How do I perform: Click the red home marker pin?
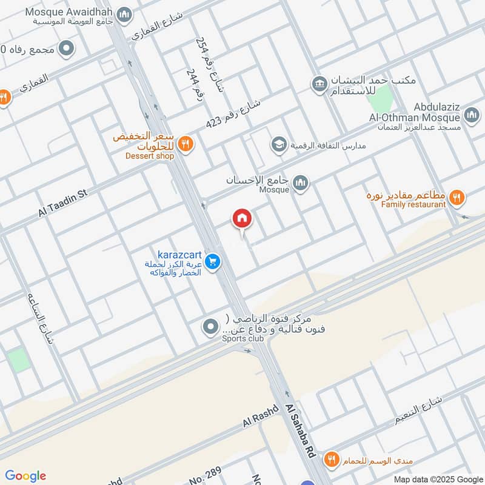[x=242, y=219]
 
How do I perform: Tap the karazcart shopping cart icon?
[x=212, y=262]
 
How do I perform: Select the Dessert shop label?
[x=150, y=156]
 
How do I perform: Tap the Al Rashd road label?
[x=260, y=415]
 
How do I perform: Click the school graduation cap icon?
[x=279, y=144]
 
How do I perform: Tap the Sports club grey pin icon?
[x=210, y=327]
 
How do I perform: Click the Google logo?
[x=26, y=475]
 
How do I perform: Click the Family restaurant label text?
[x=413, y=205]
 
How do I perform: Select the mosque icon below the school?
[x=300, y=182]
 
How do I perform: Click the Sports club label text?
[x=242, y=338]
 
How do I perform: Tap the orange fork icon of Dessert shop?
[x=186, y=144]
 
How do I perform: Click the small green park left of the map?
[x=19, y=360]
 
